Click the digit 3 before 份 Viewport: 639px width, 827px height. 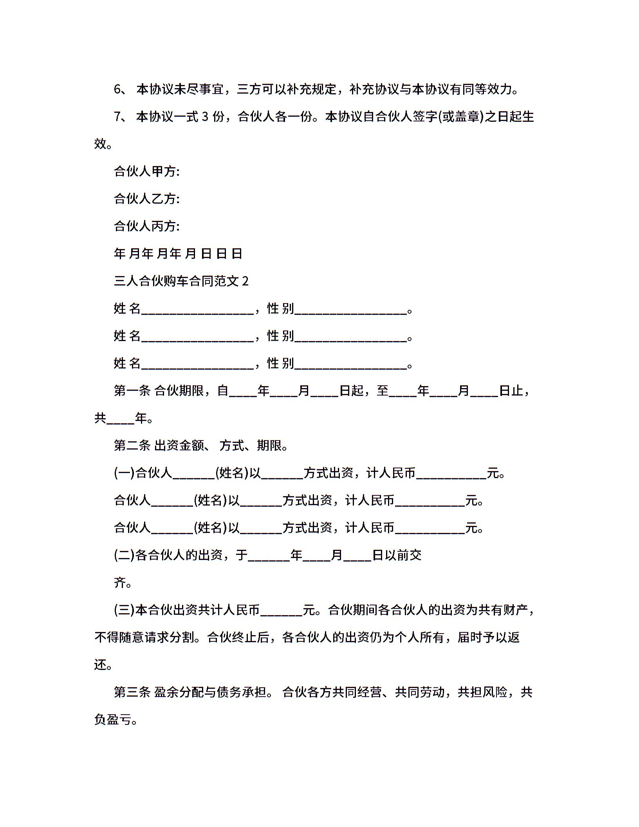pyautogui.click(x=206, y=117)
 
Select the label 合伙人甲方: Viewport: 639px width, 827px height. pyautogui.click(x=146, y=172)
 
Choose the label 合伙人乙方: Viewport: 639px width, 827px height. pyautogui.click(x=146, y=199)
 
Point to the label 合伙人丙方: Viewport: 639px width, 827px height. pyautogui.click(x=146, y=226)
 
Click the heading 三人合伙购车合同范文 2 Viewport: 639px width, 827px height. pyautogui.click(x=181, y=281)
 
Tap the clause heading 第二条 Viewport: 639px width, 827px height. pyautogui.click(x=132, y=446)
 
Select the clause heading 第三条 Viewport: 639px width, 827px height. pyautogui.click(x=132, y=692)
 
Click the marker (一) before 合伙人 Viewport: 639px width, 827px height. pyautogui.click(x=124, y=473)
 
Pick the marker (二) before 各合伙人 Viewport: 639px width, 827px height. pyautogui.click(x=124, y=555)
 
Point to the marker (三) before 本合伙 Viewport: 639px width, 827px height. pyautogui.click(x=124, y=610)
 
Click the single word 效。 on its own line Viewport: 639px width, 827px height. pyautogui.click(x=103, y=144)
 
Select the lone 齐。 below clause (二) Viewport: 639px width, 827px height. pyautogui.click(x=123, y=583)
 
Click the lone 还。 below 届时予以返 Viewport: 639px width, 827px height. pyautogui.click(x=103, y=665)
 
